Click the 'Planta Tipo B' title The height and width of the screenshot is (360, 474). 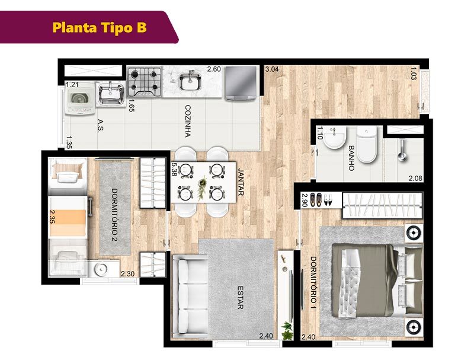pyautogui.click(x=100, y=27)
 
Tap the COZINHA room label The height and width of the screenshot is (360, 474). pyautogui.click(x=188, y=122)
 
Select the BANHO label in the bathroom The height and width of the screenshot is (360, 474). pyautogui.click(x=351, y=158)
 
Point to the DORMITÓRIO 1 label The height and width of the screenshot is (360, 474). pyautogui.click(x=313, y=284)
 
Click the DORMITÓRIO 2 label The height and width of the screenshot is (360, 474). pyautogui.click(x=114, y=215)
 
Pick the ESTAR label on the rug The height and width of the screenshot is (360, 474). pyautogui.click(x=241, y=298)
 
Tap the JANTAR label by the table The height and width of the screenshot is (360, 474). pyautogui.click(x=241, y=182)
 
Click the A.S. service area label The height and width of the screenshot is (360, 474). pyautogui.click(x=100, y=125)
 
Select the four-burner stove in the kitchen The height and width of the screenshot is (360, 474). pyautogui.click(x=145, y=82)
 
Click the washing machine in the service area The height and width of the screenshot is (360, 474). pyautogui.click(x=79, y=98)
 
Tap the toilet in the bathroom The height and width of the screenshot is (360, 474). pyautogui.click(x=367, y=144)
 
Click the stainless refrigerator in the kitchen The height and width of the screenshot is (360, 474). pyautogui.click(x=241, y=83)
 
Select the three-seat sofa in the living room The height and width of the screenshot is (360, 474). pyautogui.click(x=189, y=297)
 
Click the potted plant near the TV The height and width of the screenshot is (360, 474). pyautogui.click(x=287, y=330)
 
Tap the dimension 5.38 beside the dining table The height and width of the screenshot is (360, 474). pyautogui.click(x=174, y=170)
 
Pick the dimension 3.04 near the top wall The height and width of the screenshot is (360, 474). pyautogui.click(x=272, y=69)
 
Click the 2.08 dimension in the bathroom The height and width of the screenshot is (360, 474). pyautogui.click(x=415, y=178)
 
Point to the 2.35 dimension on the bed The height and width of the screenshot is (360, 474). pyautogui.click(x=52, y=216)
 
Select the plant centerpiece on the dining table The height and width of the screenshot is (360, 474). pyautogui.click(x=201, y=187)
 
